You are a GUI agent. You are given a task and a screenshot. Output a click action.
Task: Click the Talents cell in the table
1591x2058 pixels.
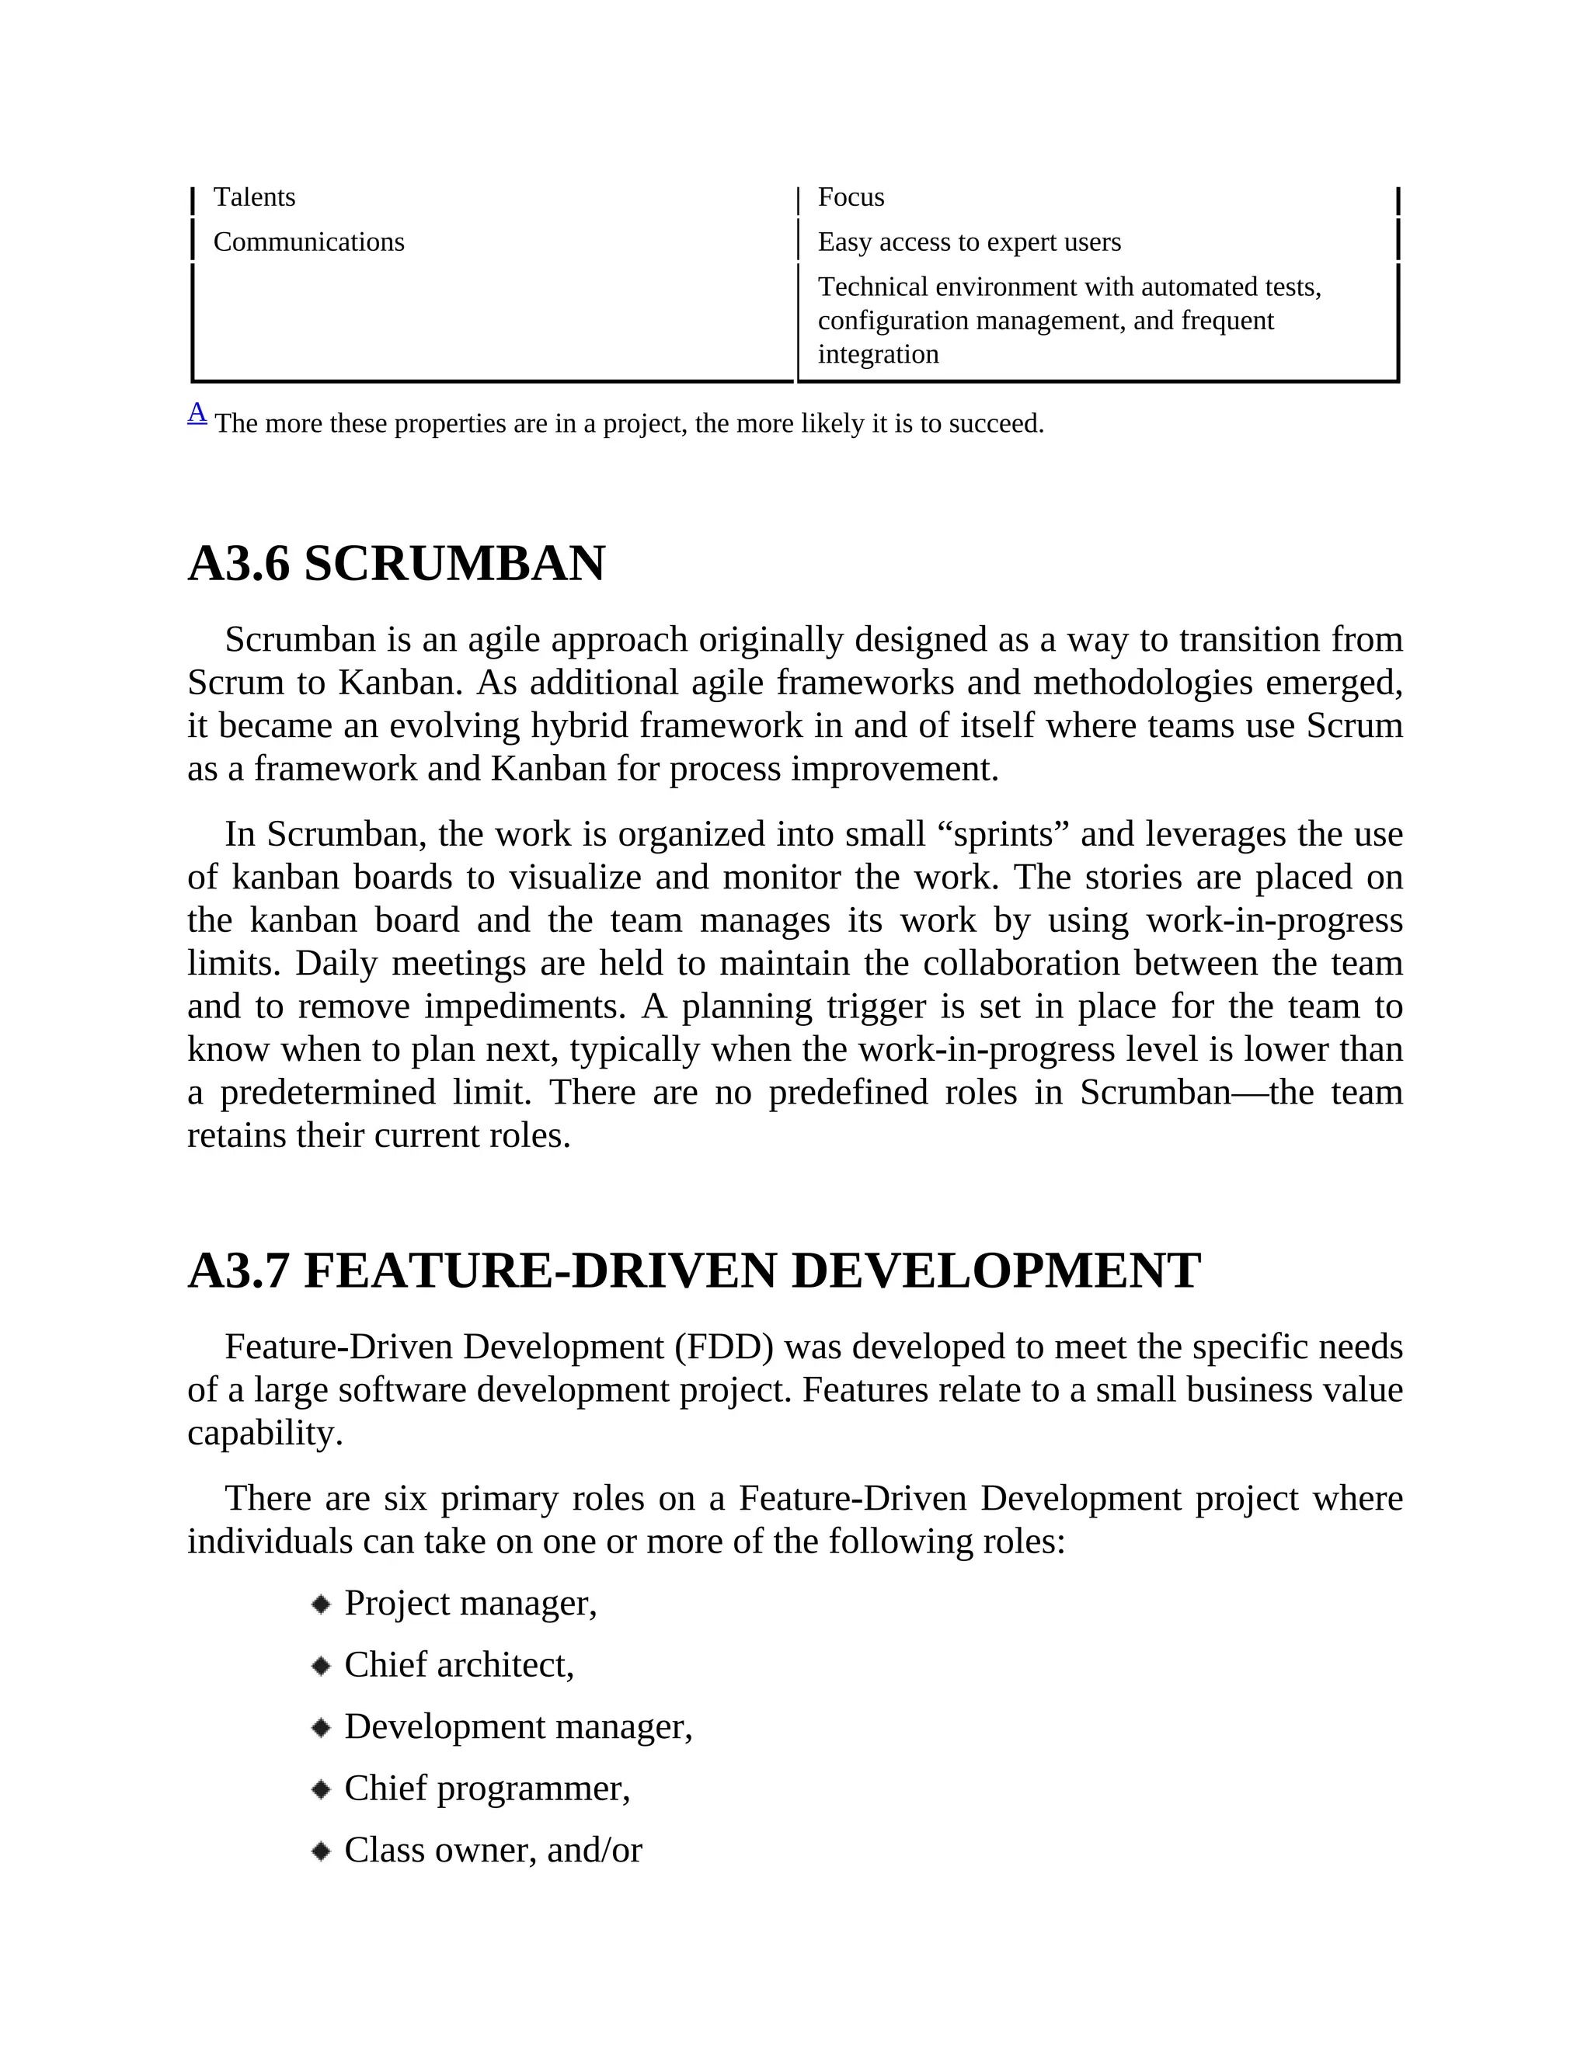coord(255,197)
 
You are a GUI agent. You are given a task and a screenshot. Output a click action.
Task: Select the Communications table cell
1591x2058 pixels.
coord(308,242)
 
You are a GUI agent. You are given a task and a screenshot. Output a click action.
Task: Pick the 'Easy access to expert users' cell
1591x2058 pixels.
coord(969,242)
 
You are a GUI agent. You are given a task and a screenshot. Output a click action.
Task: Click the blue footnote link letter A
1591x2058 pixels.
coord(197,412)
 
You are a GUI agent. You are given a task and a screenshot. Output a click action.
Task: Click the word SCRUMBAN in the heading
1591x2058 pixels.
coord(454,565)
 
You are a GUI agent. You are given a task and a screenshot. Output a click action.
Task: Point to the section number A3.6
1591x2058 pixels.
coord(238,565)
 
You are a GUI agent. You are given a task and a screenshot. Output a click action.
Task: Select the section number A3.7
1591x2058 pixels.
coord(238,1271)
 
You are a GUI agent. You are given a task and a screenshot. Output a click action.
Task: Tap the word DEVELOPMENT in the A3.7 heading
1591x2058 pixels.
coord(995,1271)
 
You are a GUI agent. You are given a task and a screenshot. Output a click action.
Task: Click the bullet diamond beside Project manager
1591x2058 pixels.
coord(322,1604)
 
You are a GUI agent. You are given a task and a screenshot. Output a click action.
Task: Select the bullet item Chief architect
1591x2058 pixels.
coord(459,1665)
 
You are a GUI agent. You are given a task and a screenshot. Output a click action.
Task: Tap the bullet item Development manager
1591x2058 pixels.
coord(517,1727)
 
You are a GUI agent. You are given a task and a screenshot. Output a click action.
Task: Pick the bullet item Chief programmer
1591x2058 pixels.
coord(486,1789)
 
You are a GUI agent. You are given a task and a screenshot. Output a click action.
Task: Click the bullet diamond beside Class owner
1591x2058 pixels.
coord(322,1851)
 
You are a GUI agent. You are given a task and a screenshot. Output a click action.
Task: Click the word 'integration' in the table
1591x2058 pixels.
coord(878,354)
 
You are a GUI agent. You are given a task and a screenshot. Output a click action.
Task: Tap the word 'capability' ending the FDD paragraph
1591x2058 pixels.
coord(264,1434)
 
